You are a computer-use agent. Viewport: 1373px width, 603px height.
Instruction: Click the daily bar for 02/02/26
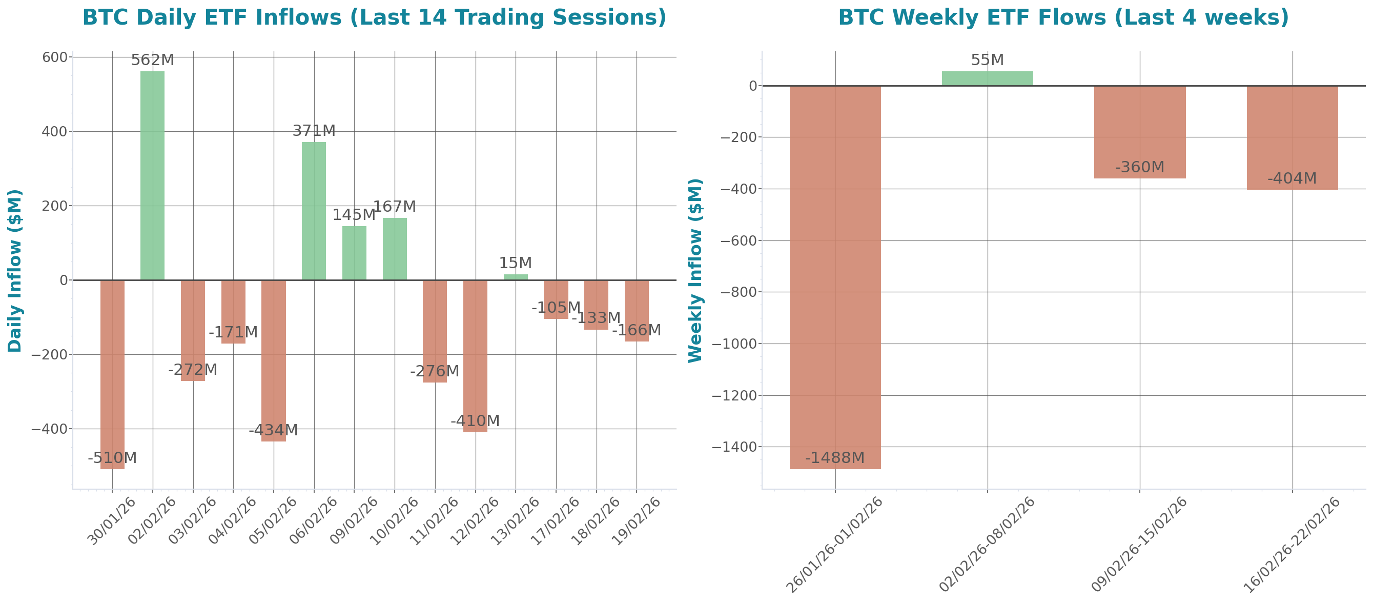[152, 175]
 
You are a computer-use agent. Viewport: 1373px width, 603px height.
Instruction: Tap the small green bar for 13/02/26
[516, 277]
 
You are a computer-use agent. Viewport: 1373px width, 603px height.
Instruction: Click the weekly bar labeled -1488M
[835, 277]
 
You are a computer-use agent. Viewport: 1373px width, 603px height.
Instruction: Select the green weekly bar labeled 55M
[987, 78]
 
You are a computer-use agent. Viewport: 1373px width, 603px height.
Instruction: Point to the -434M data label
[274, 430]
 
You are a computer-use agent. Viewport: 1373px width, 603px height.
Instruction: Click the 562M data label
[152, 60]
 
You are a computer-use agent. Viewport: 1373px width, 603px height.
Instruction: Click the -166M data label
[637, 331]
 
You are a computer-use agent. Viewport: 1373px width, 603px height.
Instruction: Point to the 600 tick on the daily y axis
[55, 57]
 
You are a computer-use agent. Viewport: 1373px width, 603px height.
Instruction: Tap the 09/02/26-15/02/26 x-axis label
[1139, 545]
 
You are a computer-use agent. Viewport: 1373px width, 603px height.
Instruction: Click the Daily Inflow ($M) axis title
[14, 270]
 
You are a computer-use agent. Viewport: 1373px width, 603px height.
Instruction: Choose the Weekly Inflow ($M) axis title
[695, 270]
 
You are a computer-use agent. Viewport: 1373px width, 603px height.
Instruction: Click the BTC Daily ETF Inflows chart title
[374, 17]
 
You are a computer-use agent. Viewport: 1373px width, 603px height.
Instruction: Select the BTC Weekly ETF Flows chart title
[1063, 17]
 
